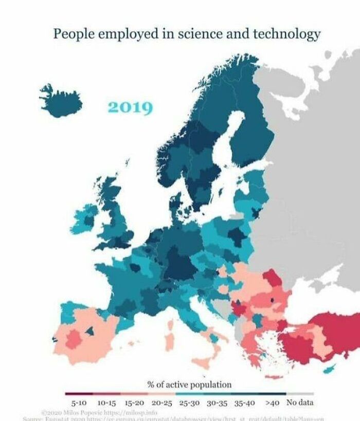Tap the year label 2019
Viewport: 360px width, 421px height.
(130, 108)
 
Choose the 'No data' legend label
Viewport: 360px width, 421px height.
(299, 402)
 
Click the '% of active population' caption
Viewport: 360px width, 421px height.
(189, 384)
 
